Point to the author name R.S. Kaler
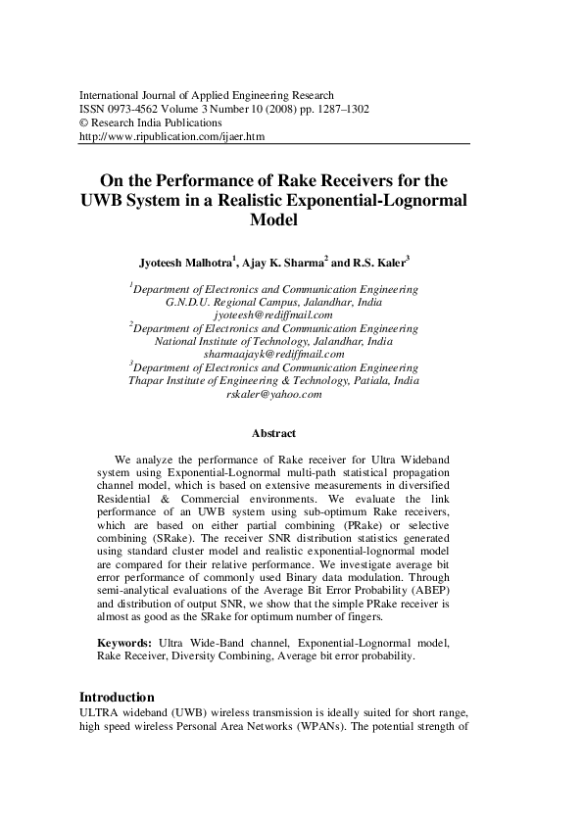(379, 264)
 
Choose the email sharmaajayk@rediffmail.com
(273, 354)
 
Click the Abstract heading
(273, 432)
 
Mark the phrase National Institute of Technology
(225, 341)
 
